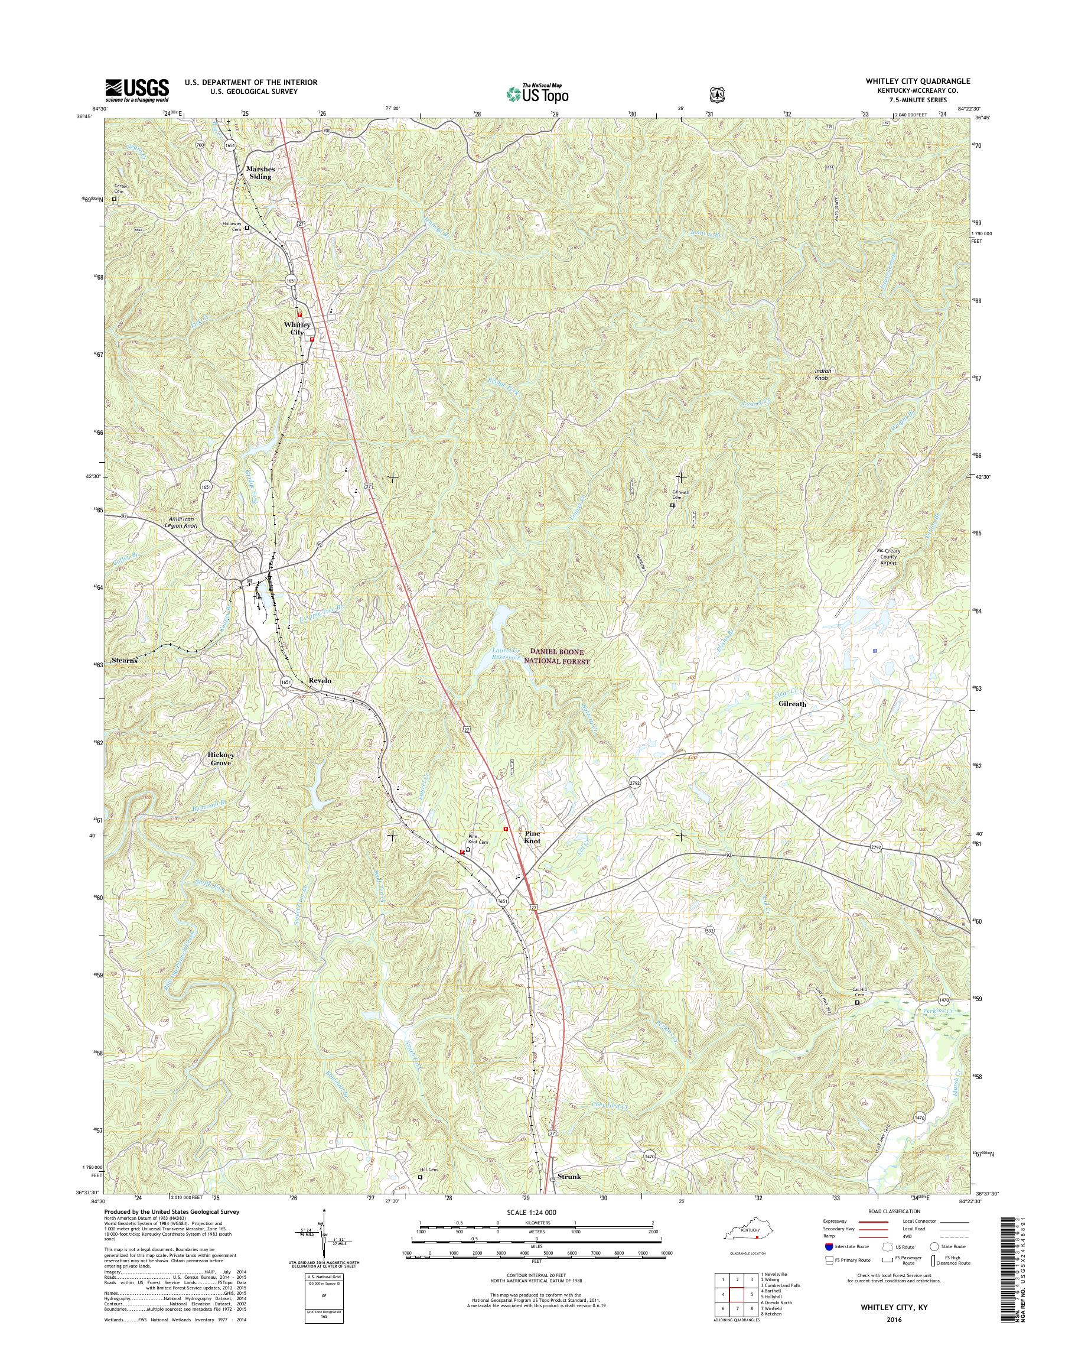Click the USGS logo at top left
click(136, 90)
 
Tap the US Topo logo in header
click(537, 94)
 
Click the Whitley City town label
click(297, 328)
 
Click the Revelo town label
click(320, 681)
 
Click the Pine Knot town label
click(532, 836)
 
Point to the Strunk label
click(569, 1177)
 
